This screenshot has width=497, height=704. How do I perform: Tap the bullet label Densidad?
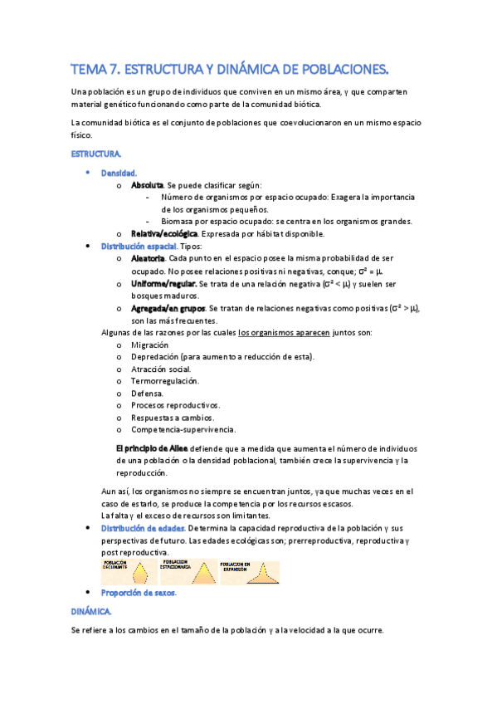point(119,173)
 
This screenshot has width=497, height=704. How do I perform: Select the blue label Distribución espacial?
point(139,247)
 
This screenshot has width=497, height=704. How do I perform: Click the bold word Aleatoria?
point(149,259)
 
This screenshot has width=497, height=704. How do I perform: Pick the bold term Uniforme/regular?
point(163,284)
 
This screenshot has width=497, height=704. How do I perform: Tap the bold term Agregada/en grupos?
point(168,308)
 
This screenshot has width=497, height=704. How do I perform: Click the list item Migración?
point(149,345)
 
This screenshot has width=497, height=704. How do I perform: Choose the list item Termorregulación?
point(164,381)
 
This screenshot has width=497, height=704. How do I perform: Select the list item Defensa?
point(147,394)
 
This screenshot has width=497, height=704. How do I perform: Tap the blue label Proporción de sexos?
point(139,593)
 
